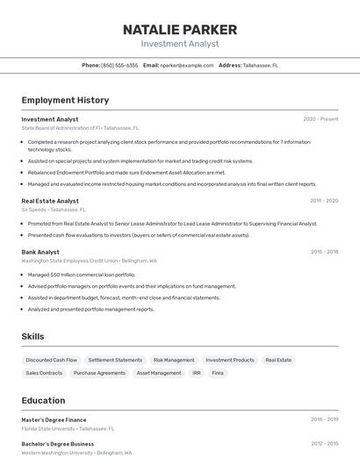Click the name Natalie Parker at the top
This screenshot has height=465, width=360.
pyautogui.click(x=180, y=30)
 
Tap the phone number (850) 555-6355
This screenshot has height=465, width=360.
pyautogui.click(x=119, y=65)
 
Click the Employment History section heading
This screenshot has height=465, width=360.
pyautogui.click(x=65, y=100)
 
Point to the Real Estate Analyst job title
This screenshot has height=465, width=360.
pyautogui.click(x=50, y=201)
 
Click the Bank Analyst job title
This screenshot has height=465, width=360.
pyautogui.click(x=40, y=252)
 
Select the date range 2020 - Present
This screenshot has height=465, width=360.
pyautogui.click(x=320, y=119)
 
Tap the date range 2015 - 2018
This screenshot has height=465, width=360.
pyautogui.click(x=324, y=252)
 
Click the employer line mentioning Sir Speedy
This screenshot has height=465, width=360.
pyautogui.click(x=54, y=210)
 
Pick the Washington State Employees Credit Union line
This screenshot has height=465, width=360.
pyautogui.click(x=89, y=261)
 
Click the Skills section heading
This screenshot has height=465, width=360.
pyautogui.click(x=32, y=336)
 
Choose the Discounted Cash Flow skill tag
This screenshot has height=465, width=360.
pyautogui.click(x=52, y=360)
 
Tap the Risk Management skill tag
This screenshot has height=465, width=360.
pyautogui.click(x=174, y=360)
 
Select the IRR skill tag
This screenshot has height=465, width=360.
pyautogui.click(x=197, y=373)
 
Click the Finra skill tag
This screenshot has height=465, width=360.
pyautogui.click(x=218, y=373)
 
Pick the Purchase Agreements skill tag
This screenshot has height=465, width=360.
pyautogui.click(x=99, y=373)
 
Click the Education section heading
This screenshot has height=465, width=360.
pyautogui.click(x=43, y=400)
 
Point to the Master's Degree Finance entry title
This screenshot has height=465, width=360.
pyautogui.click(x=54, y=419)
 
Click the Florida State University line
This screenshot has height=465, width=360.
pyautogui.click(x=68, y=429)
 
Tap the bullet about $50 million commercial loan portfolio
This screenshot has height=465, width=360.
pyautogui.click(x=82, y=275)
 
